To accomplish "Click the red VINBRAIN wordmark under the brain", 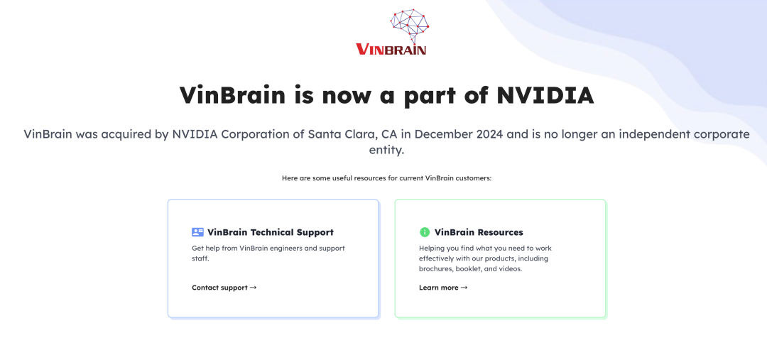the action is (391, 50).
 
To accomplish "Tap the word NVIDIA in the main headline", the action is (545, 95).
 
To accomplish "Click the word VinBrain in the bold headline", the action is (232, 95).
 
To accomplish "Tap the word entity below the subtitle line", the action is (386, 150).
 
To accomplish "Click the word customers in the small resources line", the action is (473, 178).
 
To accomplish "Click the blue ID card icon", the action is (197, 232).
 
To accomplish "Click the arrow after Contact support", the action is (253, 288).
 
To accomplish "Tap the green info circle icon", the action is (425, 232).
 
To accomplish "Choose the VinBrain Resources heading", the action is (479, 232).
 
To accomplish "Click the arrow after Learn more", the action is (464, 288).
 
